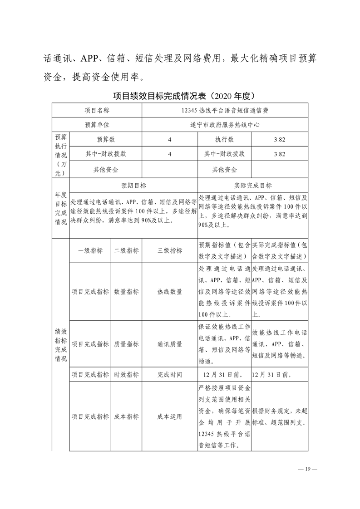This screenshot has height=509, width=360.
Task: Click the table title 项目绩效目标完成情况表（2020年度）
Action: [x=180, y=96]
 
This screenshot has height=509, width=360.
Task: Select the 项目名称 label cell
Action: [x=97, y=110]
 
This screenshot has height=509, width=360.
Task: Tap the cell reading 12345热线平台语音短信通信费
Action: [x=226, y=110]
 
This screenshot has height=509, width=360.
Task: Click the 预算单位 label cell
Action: [x=97, y=124]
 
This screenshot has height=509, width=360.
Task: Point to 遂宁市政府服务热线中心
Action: [x=226, y=124]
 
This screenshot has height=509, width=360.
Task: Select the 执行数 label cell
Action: [x=224, y=139]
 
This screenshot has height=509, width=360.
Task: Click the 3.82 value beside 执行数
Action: [x=279, y=139]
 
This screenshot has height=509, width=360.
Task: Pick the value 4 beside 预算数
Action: [x=169, y=139]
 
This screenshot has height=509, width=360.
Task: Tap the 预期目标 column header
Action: [x=133, y=185]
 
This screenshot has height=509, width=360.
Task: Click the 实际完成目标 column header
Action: [x=253, y=185]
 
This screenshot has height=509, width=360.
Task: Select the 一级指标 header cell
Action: [x=90, y=250]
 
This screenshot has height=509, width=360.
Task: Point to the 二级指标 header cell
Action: [x=126, y=250]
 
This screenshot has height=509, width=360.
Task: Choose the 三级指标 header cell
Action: [x=170, y=250]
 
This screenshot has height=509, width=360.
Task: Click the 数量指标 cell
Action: [x=126, y=292]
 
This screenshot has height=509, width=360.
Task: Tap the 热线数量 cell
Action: [x=170, y=292]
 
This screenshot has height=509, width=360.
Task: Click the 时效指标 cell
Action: [x=126, y=375]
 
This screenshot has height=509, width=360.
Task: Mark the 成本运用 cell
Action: [x=170, y=416]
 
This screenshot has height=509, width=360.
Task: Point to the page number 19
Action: [x=307, y=469]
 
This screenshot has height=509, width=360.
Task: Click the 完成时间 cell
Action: [x=170, y=375]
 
